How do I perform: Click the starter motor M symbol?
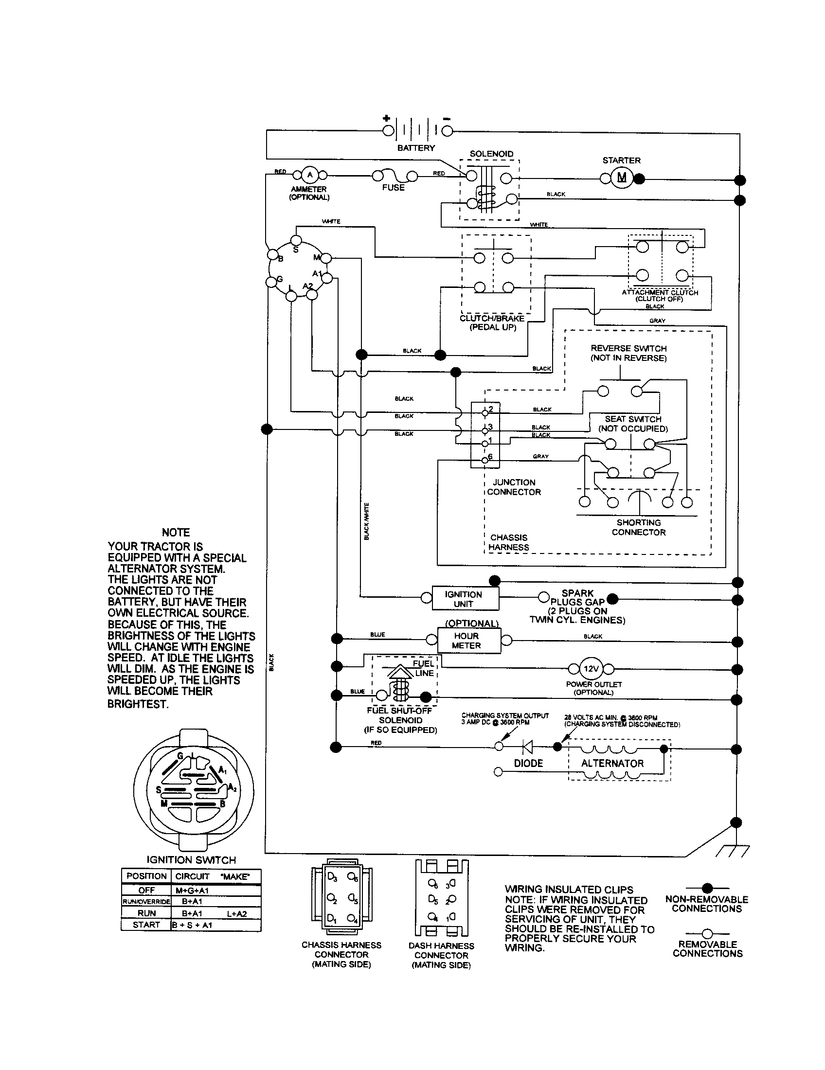point(621,178)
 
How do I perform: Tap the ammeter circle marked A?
point(310,175)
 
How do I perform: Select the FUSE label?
point(393,188)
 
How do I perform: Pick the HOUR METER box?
point(466,641)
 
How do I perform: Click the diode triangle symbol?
point(528,747)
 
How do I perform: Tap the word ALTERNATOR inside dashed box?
point(612,763)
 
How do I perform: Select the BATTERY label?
point(416,148)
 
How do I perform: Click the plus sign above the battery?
point(387,118)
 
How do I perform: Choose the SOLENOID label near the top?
point(491,154)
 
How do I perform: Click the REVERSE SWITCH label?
point(628,348)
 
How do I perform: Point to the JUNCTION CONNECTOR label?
point(513,487)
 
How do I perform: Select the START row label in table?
point(146,925)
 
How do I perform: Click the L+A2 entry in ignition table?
point(236,913)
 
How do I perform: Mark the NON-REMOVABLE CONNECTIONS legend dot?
point(707,888)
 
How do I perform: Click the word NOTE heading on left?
point(176,532)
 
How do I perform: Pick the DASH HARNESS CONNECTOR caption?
point(441,955)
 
